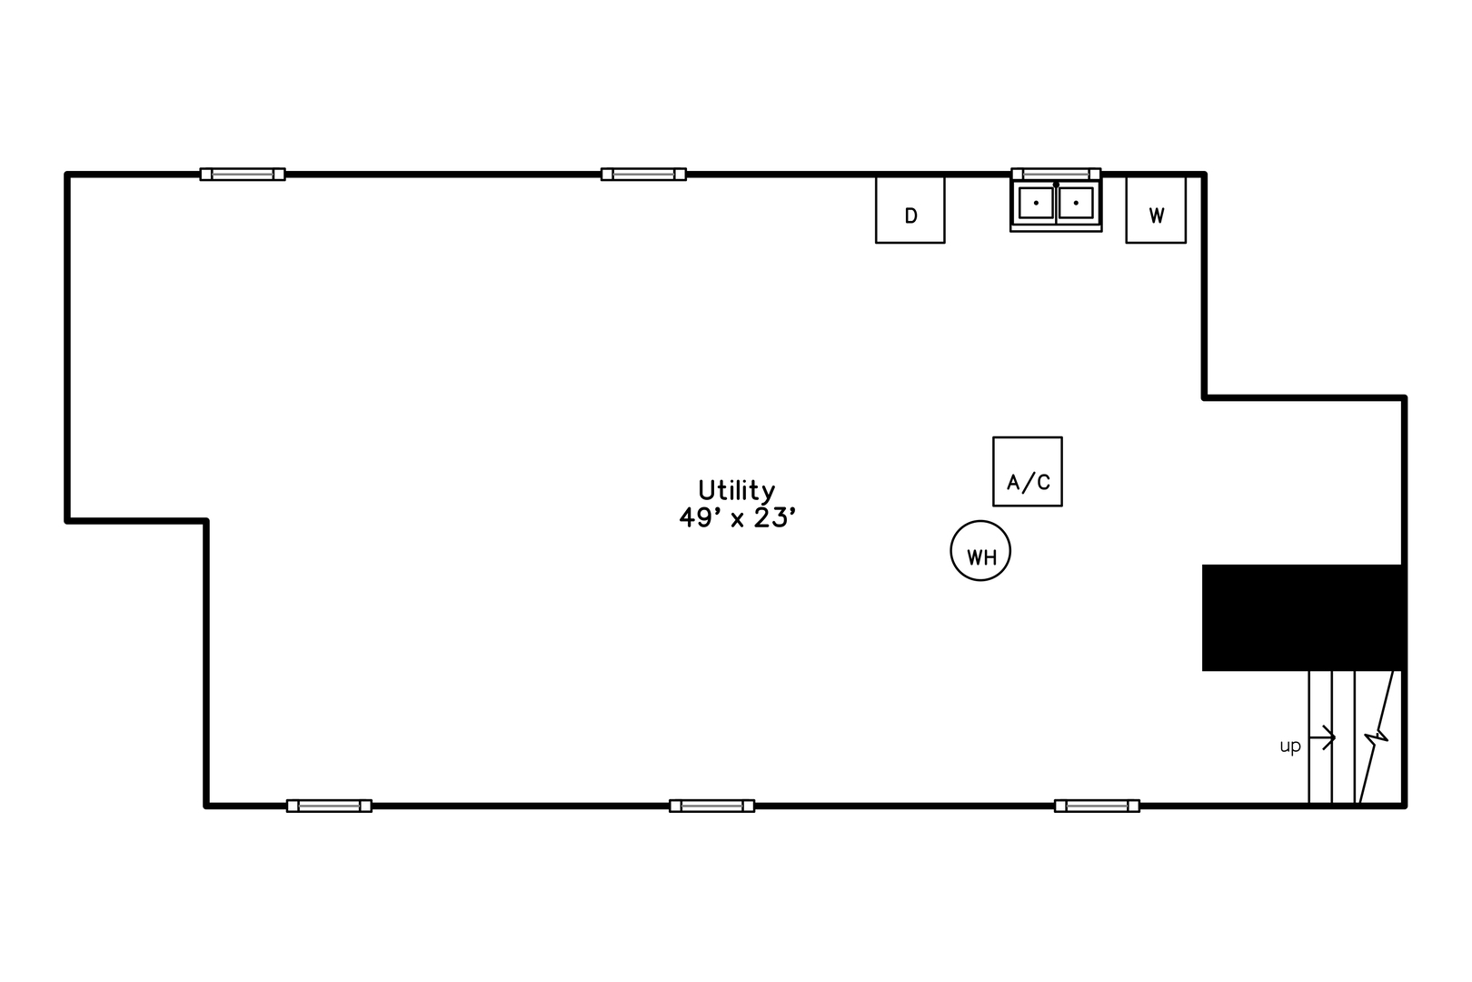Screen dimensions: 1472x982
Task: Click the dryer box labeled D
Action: click(910, 210)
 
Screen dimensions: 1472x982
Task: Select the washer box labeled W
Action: click(1156, 210)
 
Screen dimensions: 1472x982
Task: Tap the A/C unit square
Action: click(1027, 472)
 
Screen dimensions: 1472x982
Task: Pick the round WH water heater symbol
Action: click(980, 550)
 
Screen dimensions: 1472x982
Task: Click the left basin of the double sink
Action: click(1037, 203)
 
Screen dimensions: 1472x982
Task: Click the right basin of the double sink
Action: click(1076, 203)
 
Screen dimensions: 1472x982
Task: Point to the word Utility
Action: click(736, 491)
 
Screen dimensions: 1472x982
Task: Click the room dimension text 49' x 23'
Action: click(737, 518)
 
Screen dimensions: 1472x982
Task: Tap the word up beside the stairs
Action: click(1290, 747)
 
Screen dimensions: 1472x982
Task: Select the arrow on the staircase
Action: click(1322, 737)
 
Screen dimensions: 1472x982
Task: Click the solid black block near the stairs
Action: click(1303, 617)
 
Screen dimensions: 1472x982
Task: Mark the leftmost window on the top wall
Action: click(243, 175)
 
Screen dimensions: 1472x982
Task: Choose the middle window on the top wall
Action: click(643, 175)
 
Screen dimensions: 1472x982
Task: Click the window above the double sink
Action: click(1056, 175)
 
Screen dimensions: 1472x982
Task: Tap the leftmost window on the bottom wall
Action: click(329, 806)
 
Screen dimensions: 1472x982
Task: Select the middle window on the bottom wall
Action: click(711, 806)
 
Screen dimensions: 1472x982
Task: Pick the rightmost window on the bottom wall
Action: click(1097, 806)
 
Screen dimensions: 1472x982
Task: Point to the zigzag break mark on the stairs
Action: click(1376, 737)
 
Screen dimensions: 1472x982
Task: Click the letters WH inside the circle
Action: click(981, 557)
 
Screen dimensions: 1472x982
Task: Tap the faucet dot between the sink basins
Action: click(1056, 185)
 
